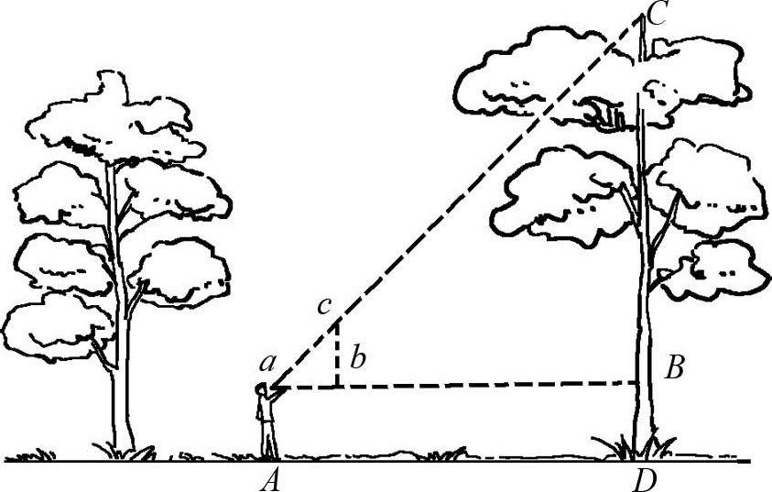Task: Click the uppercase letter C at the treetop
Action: click(x=657, y=13)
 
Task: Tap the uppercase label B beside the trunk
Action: click(x=674, y=368)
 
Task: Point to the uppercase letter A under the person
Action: click(x=269, y=479)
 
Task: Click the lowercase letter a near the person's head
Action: click(x=266, y=363)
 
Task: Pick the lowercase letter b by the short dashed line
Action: click(x=358, y=359)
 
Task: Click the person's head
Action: click(x=261, y=392)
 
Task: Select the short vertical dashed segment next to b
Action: click(x=337, y=355)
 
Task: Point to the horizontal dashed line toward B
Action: click(x=485, y=385)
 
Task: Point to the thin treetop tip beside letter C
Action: click(x=644, y=37)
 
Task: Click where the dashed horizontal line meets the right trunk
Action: click(x=639, y=382)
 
